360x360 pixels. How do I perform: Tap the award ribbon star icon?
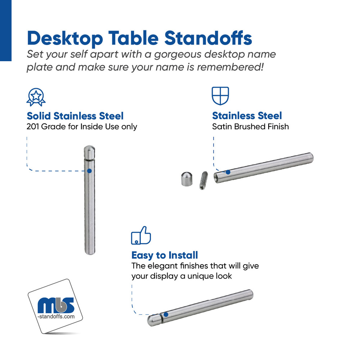point(36,97)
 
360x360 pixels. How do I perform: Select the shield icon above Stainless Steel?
point(220,95)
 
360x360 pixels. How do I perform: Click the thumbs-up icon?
point(141,236)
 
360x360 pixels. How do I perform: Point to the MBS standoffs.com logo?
point(56,306)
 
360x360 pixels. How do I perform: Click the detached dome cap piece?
point(186,179)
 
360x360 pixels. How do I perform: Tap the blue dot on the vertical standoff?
point(90,171)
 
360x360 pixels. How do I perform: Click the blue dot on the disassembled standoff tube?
point(228,172)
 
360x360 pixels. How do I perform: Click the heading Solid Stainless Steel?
point(75,116)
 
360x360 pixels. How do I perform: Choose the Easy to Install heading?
point(165,255)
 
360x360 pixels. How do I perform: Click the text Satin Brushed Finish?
point(251,126)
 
